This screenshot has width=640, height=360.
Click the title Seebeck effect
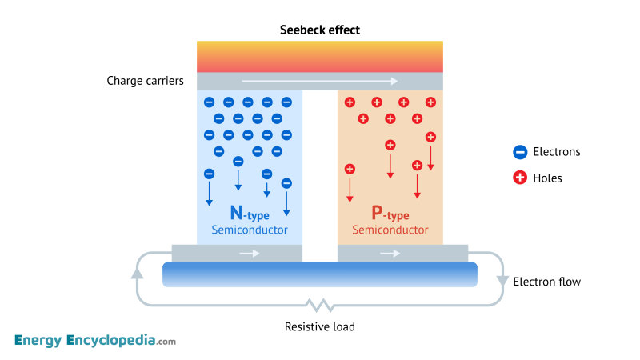pyautogui.click(x=319, y=30)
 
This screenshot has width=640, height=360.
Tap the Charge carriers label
pyautogui.click(x=146, y=81)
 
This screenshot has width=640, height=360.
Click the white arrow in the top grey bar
pyautogui.click(x=319, y=81)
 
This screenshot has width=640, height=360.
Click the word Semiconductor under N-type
pyautogui.click(x=250, y=230)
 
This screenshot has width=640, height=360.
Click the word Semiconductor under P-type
pyautogui.click(x=390, y=230)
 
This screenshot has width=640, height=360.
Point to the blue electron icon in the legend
pyautogui.click(x=520, y=152)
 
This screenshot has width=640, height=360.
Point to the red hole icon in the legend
pyautogui.click(x=520, y=178)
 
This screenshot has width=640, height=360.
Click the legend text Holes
pyautogui.click(x=547, y=178)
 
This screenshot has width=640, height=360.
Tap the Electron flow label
pyautogui.click(x=546, y=282)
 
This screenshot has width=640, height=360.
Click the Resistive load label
pyautogui.click(x=319, y=326)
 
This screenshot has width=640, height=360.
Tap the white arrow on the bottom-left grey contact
pyautogui.click(x=250, y=254)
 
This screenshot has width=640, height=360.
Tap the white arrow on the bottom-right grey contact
pyautogui.click(x=390, y=254)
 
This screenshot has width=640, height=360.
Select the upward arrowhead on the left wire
pyautogui.click(x=137, y=273)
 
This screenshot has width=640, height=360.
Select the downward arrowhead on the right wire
pyautogui.click(x=502, y=281)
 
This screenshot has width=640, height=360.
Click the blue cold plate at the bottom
pyautogui.click(x=319, y=274)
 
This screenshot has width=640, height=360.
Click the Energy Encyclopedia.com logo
pyautogui.click(x=94, y=341)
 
